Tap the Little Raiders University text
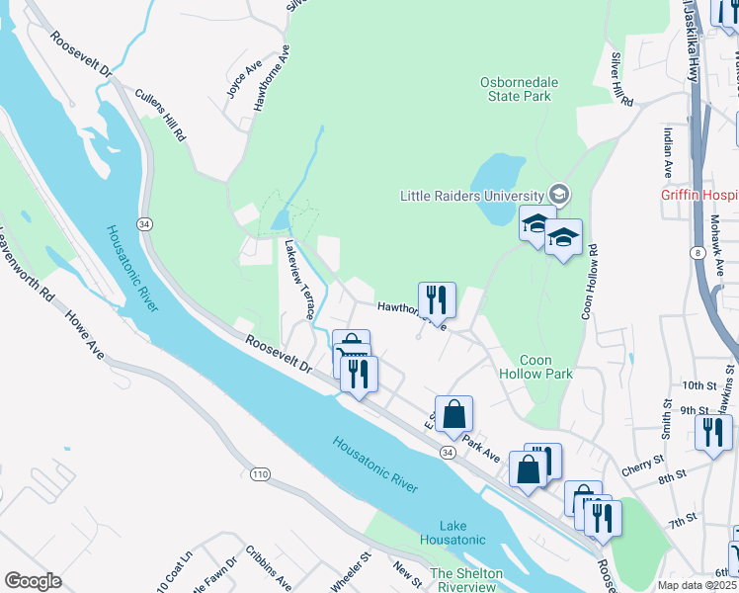(x=471, y=196)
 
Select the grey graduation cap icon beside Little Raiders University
(x=560, y=194)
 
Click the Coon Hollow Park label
(x=545, y=368)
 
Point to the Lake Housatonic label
(x=452, y=532)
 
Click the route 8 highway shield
(x=698, y=253)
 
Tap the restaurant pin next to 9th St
(x=713, y=433)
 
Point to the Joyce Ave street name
(x=235, y=81)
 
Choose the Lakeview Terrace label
(x=300, y=279)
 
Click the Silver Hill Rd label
(x=620, y=80)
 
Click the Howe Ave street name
(x=83, y=333)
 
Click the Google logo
(x=33, y=581)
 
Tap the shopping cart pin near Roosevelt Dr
(x=351, y=348)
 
